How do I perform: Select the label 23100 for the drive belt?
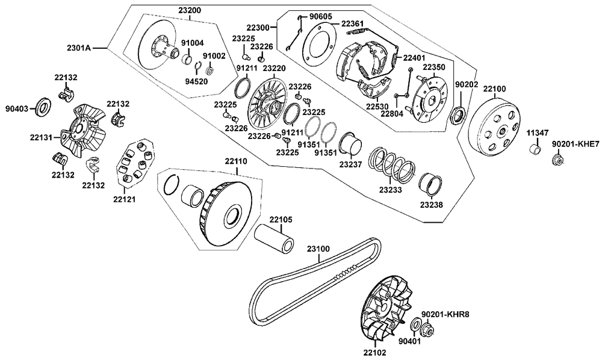click(320, 247)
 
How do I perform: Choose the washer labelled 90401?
click(415, 327)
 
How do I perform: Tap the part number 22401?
click(414, 58)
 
